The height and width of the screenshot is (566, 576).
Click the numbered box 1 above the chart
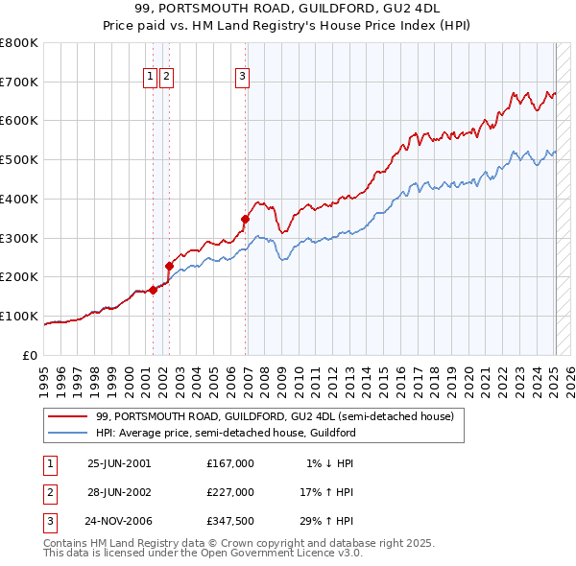click(151, 78)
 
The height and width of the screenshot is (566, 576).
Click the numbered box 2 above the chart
click(166, 78)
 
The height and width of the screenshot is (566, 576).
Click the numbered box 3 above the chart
click(242, 78)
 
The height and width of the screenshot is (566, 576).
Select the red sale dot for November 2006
click(245, 219)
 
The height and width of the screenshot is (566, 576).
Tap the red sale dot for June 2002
click(169, 266)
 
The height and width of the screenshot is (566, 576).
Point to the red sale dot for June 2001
click(153, 289)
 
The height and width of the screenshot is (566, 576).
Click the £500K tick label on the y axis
click(19, 160)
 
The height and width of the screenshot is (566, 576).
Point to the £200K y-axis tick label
click(19, 277)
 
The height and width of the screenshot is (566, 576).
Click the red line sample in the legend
click(67, 416)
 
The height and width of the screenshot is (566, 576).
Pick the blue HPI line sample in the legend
click(67, 433)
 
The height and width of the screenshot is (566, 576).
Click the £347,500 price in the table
click(230, 523)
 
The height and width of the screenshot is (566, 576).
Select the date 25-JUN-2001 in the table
click(119, 462)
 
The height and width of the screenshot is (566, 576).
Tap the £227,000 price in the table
click(230, 492)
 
